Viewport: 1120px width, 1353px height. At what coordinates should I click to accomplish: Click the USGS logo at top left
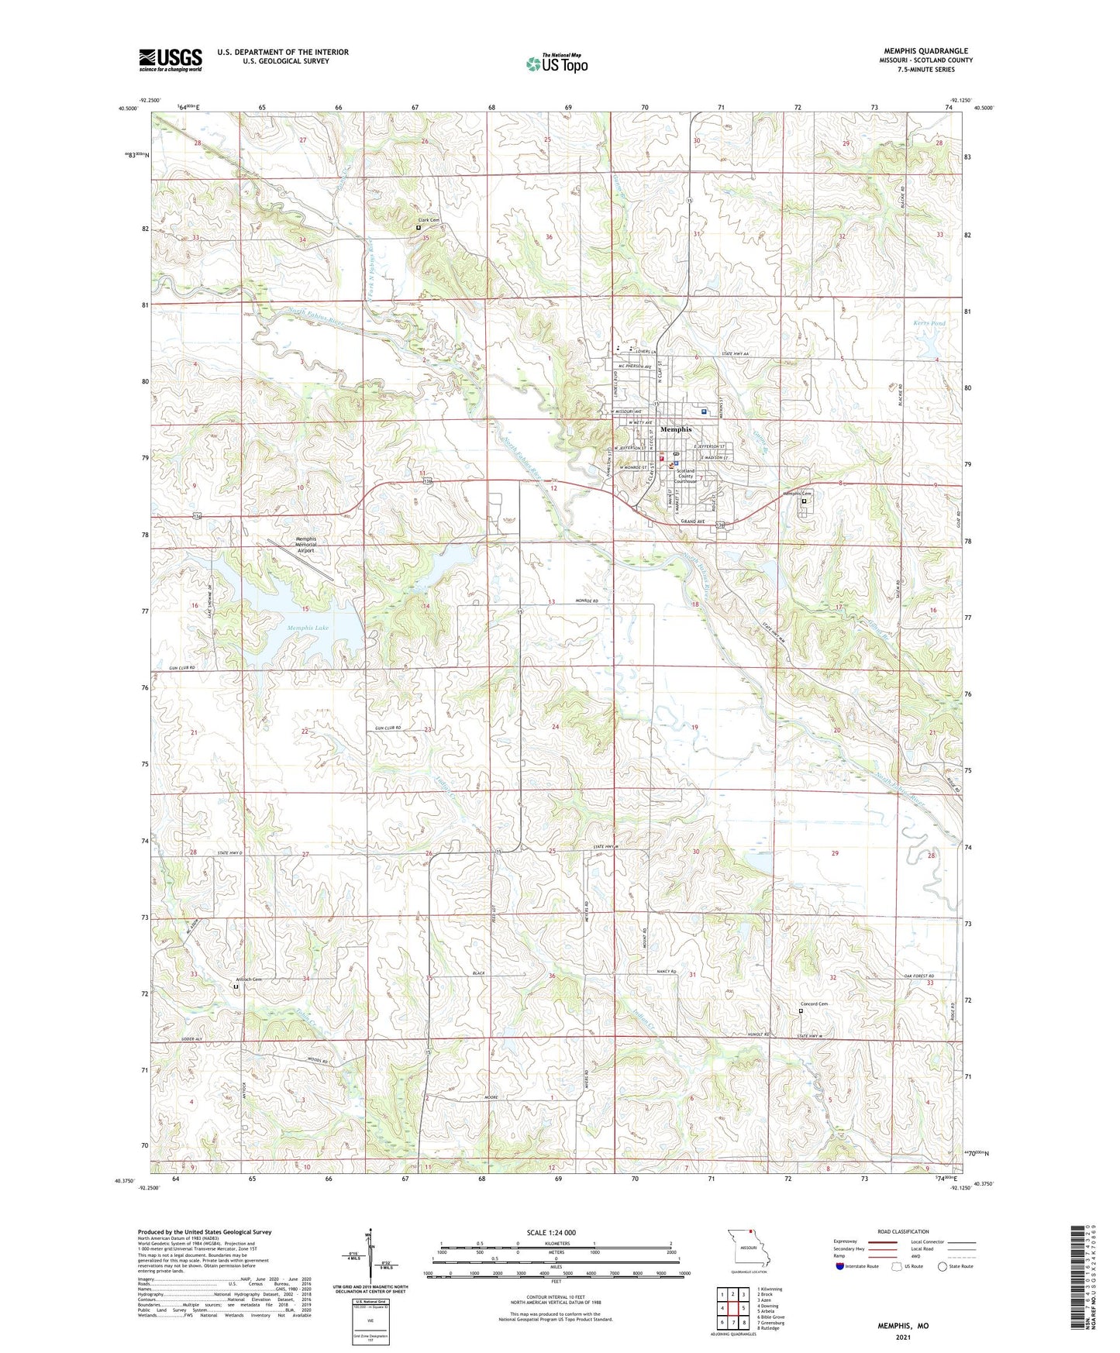click(171, 60)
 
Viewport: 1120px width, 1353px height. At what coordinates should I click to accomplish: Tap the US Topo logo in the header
click(556, 64)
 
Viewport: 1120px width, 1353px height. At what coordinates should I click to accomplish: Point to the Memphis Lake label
click(308, 628)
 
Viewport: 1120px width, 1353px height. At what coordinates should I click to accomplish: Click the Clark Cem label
click(429, 221)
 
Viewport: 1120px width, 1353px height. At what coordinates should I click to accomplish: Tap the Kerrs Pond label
click(929, 323)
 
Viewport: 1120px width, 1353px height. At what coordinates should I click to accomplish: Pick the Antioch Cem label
click(249, 979)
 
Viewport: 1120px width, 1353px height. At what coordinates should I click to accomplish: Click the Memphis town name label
click(676, 429)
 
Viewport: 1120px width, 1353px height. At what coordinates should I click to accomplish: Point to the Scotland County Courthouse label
click(685, 476)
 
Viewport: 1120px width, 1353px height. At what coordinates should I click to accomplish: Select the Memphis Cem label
click(796, 494)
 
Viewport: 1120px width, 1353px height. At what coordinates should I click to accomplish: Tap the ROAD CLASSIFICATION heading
click(903, 1231)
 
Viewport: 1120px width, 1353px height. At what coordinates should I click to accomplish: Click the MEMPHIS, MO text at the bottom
click(903, 1326)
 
